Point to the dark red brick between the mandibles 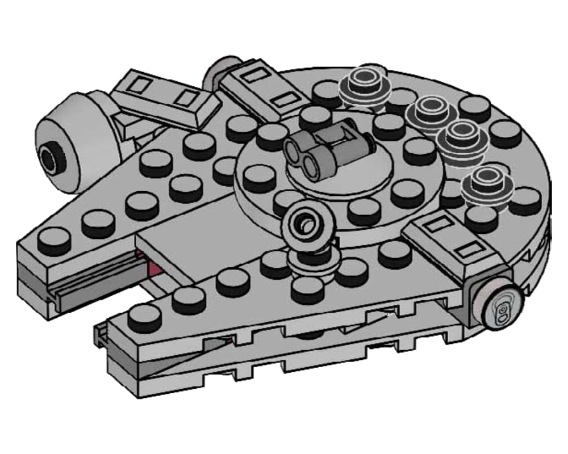click(153, 266)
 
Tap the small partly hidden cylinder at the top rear click(219, 71)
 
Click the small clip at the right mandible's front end click(101, 335)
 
